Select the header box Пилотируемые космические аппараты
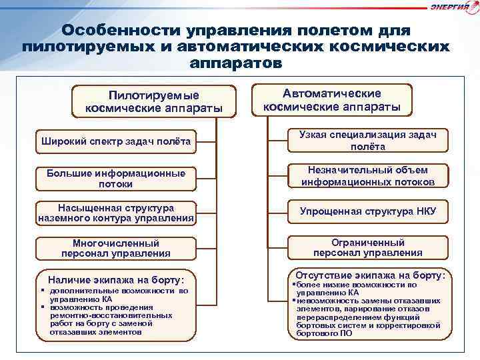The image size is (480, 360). [153, 101]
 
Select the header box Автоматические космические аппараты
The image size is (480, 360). [331, 100]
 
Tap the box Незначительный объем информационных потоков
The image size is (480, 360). [367, 176]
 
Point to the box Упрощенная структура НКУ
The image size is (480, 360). [367, 211]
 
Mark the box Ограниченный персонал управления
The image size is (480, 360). [367, 247]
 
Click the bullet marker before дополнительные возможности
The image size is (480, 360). [42, 291]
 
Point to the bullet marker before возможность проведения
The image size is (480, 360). [42, 307]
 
